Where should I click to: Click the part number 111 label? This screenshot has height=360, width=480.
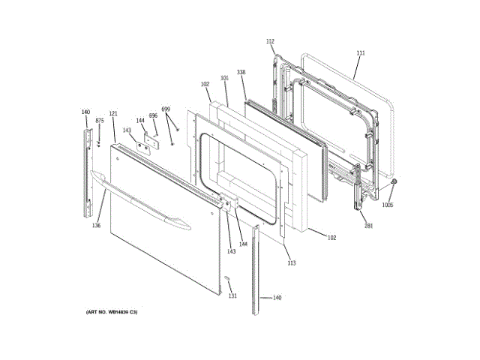pyautogui.click(x=360, y=53)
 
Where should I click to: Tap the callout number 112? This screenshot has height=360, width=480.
pyautogui.click(x=270, y=41)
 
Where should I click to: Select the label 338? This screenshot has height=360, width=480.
pyautogui.click(x=241, y=73)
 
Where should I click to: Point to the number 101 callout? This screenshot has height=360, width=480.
pyautogui.click(x=224, y=78)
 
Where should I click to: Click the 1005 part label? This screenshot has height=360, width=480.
pyautogui.click(x=388, y=205)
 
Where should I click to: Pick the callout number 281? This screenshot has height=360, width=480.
pyautogui.click(x=368, y=225)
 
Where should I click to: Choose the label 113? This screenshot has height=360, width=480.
pyautogui.click(x=292, y=262)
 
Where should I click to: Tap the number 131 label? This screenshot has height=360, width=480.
pyautogui.click(x=232, y=295)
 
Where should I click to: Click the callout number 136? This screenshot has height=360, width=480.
pyautogui.click(x=96, y=225)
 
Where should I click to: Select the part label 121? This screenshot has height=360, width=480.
pyautogui.click(x=113, y=114)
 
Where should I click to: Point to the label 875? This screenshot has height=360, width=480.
pyautogui.click(x=100, y=121)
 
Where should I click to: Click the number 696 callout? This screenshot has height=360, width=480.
pyautogui.click(x=153, y=115)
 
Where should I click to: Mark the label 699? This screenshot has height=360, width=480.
pyautogui.click(x=166, y=109)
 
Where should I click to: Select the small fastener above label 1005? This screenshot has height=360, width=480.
pyautogui.click(x=394, y=182)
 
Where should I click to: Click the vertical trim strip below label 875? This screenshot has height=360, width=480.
pyautogui.click(x=90, y=172)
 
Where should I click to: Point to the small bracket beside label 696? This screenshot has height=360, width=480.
pyautogui.click(x=155, y=140)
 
